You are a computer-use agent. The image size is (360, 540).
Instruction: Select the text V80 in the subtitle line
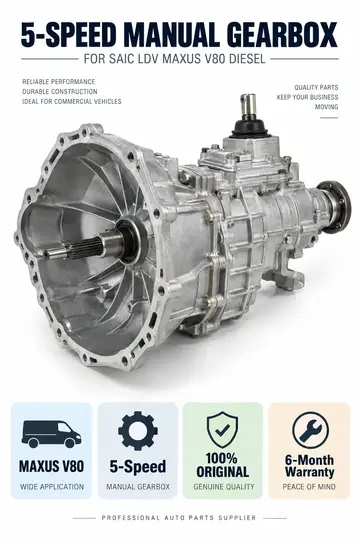214,59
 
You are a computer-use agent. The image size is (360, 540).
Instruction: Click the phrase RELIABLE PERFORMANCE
59,82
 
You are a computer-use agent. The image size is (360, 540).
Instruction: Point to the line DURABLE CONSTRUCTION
60,92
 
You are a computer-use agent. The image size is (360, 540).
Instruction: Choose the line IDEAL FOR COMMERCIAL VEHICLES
72,102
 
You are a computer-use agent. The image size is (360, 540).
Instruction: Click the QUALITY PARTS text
316,87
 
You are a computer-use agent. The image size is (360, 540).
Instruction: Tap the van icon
52,434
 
